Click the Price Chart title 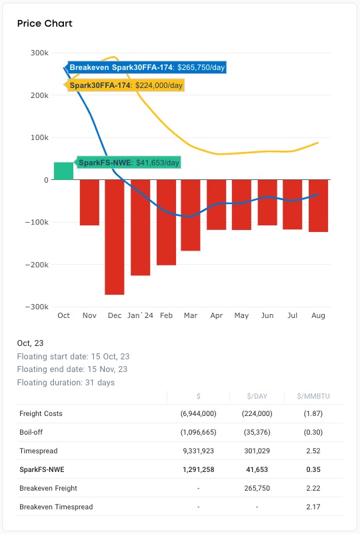coord(45,23)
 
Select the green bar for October coord(64,171)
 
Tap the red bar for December coord(115,237)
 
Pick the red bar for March coord(191,215)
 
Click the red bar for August coord(318,206)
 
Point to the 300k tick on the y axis coord(39,53)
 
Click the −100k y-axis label coord(37,222)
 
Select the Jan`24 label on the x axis coord(140,315)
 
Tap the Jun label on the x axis coord(267,315)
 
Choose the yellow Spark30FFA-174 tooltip coord(124,85)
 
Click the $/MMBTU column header coord(313,396)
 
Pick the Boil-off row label coord(31,432)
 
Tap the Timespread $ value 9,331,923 coord(198,451)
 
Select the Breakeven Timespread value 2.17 coord(313,507)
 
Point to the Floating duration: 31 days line coord(66,383)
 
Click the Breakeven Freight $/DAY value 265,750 coord(257,488)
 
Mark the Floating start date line coord(73,357)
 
